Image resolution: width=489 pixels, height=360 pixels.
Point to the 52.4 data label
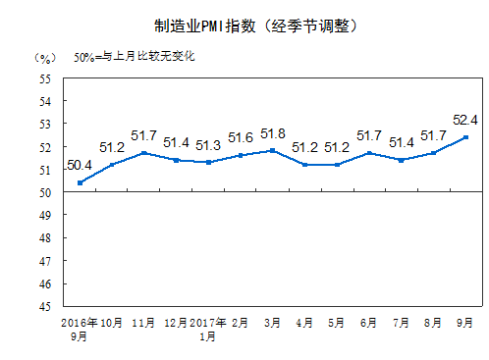(464, 120)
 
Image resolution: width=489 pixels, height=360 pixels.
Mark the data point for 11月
(144, 153)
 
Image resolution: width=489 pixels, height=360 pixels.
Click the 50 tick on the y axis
(45, 192)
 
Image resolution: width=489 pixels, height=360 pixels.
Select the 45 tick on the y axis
(45, 307)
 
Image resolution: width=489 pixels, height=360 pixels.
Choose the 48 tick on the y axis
(45, 238)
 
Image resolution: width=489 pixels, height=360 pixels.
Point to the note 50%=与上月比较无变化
(135, 56)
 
